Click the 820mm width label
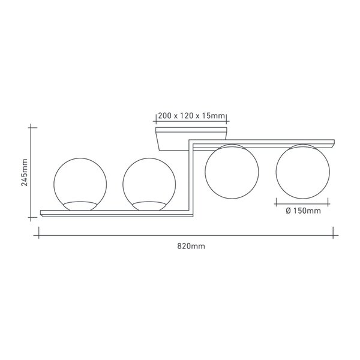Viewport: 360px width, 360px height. coord(191,247)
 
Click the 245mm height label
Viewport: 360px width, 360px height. coord(25,172)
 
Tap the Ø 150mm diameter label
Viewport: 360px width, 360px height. coord(303,211)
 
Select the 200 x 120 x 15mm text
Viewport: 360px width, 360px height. coord(191,116)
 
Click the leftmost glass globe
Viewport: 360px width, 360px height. coord(54,184)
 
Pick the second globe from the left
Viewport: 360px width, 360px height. coord(123,184)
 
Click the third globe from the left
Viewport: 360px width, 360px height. coord(205,171)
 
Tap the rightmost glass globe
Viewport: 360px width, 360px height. coord(276,171)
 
